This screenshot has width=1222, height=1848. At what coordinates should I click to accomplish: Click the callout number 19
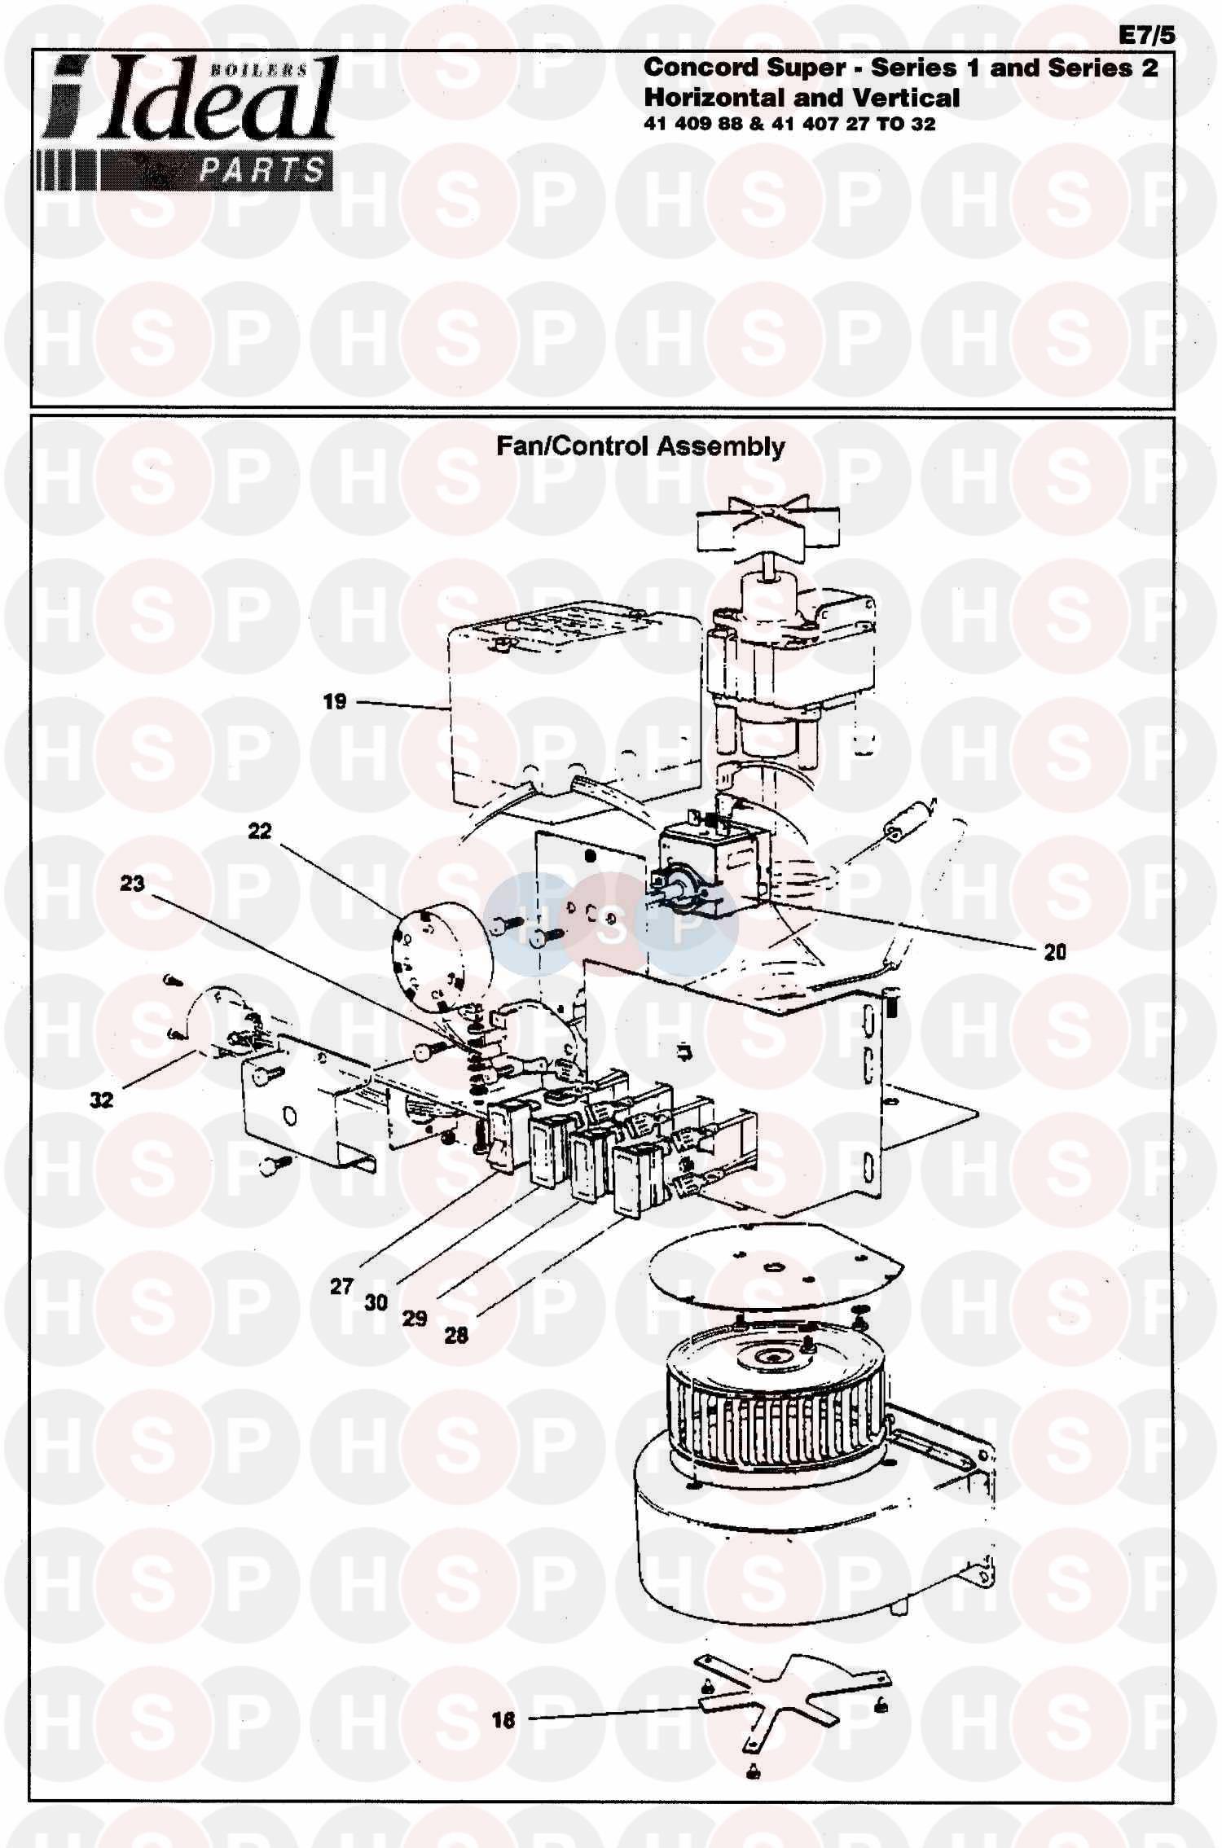pos(335,701)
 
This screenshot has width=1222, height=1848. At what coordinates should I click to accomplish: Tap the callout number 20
pos(1055,951)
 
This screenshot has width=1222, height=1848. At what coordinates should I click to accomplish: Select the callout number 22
pos(259,832)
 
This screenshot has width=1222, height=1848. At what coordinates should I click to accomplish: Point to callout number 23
pos(132,883)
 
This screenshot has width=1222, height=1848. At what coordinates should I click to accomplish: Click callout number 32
pos(101,1100)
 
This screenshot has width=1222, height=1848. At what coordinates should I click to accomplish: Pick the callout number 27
pos(342,1286)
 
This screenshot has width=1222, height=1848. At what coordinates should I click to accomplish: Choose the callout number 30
pos(376,1302)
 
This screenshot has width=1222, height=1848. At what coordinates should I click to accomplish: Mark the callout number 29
pos(415,1318)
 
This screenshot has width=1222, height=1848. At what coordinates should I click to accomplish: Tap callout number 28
pos(456,1335)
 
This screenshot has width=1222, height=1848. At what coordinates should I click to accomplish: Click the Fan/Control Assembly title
pos(641,446)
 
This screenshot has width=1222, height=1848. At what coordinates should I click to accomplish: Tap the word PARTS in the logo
pos(262,170)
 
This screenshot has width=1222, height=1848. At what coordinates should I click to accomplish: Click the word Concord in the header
pos(694,68)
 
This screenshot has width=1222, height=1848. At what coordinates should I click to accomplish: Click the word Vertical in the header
pos(906,99)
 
